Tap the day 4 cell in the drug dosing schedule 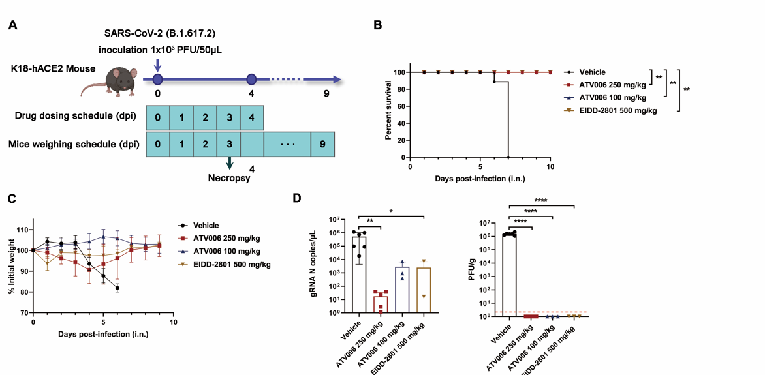[251, 119]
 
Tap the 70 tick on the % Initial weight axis [25, 313]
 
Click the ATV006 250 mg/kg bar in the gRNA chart [381, 305]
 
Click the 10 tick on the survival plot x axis [550, 166]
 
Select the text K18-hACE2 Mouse [53, 68]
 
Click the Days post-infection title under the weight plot [102, 333]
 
